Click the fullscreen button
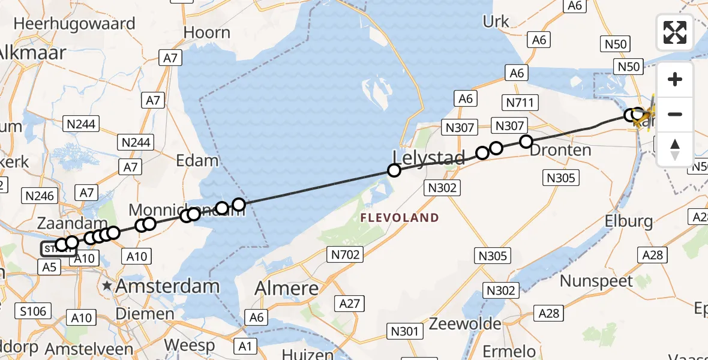click(675, 32)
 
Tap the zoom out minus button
click(675, 114)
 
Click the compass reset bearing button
click(675, 149)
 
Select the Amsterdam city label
click(167, 286)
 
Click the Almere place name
click(287, 288)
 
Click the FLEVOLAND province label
click(400, 218)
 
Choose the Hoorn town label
click(207, 32)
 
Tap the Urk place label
click(496, 22)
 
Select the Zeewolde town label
click(465, 325)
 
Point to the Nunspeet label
click(596, 281)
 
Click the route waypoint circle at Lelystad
click(394, 170)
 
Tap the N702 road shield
click(346, 255)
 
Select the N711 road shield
click(520, 103)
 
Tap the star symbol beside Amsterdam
click(107, 286)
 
